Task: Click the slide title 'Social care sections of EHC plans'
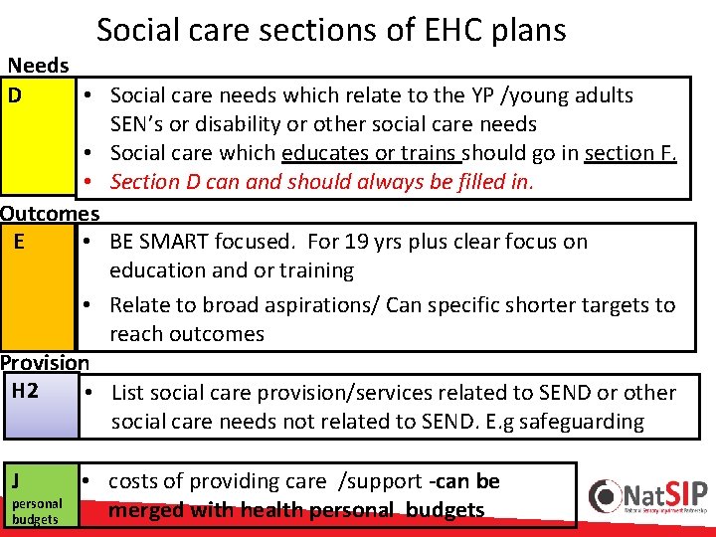[x=331, y=30]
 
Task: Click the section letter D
[x=15, y=95]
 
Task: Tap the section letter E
[x=20, y=241]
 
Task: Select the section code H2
[x=24, y=390]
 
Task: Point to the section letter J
[x=16, y=481]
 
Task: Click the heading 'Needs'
[x=38, y=66]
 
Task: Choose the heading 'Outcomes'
[x=50, y=213]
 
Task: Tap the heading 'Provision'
[x=45, y=363]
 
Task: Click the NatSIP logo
[x=646, y=496]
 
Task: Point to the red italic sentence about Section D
[x=322, y=182]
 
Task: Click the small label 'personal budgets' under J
[x=36, y=511]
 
